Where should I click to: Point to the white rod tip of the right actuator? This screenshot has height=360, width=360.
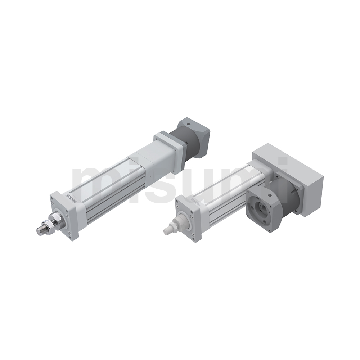click(x=167, y=230)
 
